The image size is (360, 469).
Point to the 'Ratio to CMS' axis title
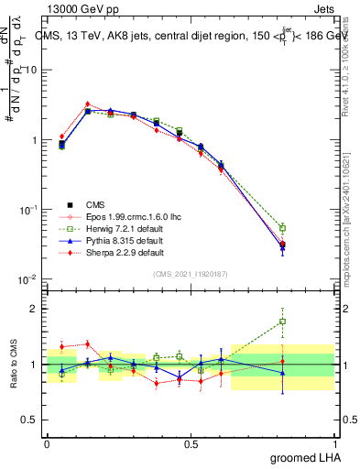click(x=12, y=364)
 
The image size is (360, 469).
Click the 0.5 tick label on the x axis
click(x=191, y=443)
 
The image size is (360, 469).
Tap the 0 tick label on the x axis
click(x=47, y=443)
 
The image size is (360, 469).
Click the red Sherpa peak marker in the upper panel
click(x=87, y=104)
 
